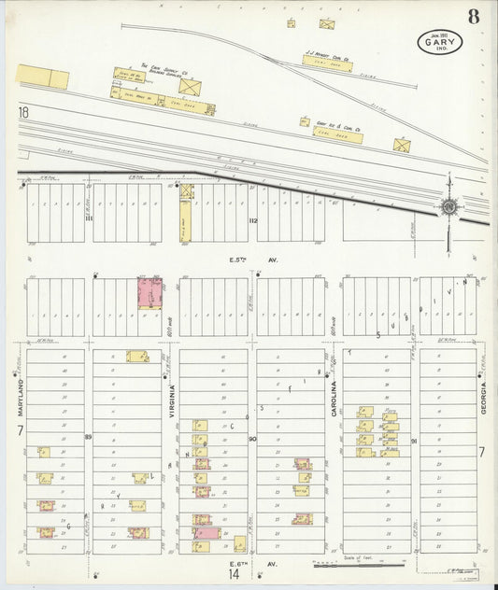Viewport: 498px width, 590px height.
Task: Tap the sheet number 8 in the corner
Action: click(475, 16)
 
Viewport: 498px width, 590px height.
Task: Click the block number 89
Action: click(88, 436)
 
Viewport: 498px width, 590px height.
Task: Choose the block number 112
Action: click(252, 220)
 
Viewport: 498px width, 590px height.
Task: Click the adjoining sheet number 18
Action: click(22, 112)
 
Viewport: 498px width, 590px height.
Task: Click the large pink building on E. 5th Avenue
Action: click(149, 292)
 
